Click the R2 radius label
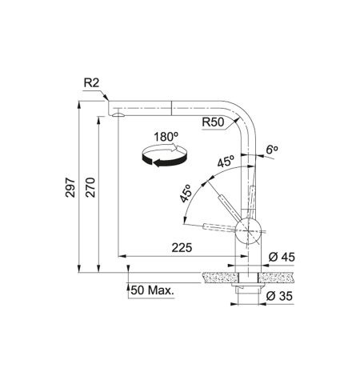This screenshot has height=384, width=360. pyautogui.click(x=91, y=83)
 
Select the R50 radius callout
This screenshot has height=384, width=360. pyautogui.click(x=213, y=122)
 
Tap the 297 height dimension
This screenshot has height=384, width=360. pyautogui.click(x=70, y=187)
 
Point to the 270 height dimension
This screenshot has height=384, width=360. pyautogui.click(x=90, y=187)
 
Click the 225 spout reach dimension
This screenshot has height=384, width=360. pyautogui.click(x=182, y=248)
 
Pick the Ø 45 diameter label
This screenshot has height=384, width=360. pyautogui.click(x=282, y=258)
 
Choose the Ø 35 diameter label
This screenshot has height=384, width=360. pyautogui.click(x=279, y=296)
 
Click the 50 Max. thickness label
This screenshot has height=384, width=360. pyautogui.click(x=152, y=290)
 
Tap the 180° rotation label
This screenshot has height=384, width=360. pyautogui.click(x=166, y=137)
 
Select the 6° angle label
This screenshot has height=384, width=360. pyautogui.click(x=272, y=150)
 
